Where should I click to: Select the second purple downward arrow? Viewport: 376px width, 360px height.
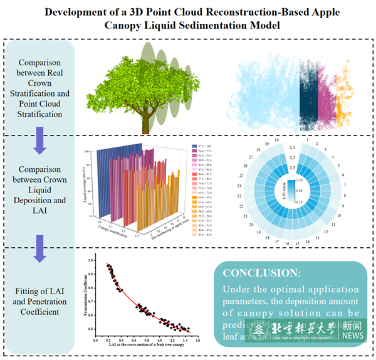click(x=39, y=246)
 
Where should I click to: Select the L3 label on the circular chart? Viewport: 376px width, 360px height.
click(x=293, y=168)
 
